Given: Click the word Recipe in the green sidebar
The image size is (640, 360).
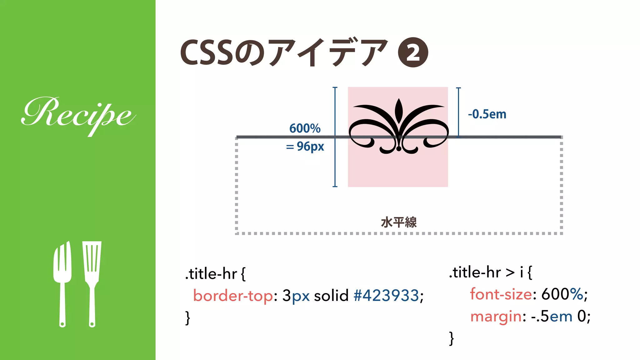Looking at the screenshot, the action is click(x=78, y=114).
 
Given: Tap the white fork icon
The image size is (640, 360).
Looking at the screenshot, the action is click(x=62, y=281).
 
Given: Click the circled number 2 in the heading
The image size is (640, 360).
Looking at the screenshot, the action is click(x=413, y=52).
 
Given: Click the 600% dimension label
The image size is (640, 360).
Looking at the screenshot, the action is click(x=305, y=128).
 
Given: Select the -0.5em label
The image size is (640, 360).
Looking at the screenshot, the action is click(x=487, y=114).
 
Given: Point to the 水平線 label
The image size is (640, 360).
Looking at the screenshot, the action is click(x=399, y=222).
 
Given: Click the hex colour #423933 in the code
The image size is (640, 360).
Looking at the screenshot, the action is click(x=386, y=295).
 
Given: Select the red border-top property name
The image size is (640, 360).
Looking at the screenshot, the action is click(x=233, y=295).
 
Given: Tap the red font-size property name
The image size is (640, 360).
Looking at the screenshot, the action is click(x=501, y=294).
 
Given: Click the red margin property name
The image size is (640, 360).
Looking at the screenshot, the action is click(x=496, y=316).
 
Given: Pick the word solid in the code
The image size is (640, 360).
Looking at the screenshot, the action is click(x=331, y=295).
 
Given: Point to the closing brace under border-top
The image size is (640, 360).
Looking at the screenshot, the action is click(x=187, y=318).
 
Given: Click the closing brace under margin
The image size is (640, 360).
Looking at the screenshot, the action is click(x=451, y=338).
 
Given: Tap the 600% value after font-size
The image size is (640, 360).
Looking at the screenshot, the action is click(x=562, y=294).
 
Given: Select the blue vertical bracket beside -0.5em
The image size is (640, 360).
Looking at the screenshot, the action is click(x=458, y=112).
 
